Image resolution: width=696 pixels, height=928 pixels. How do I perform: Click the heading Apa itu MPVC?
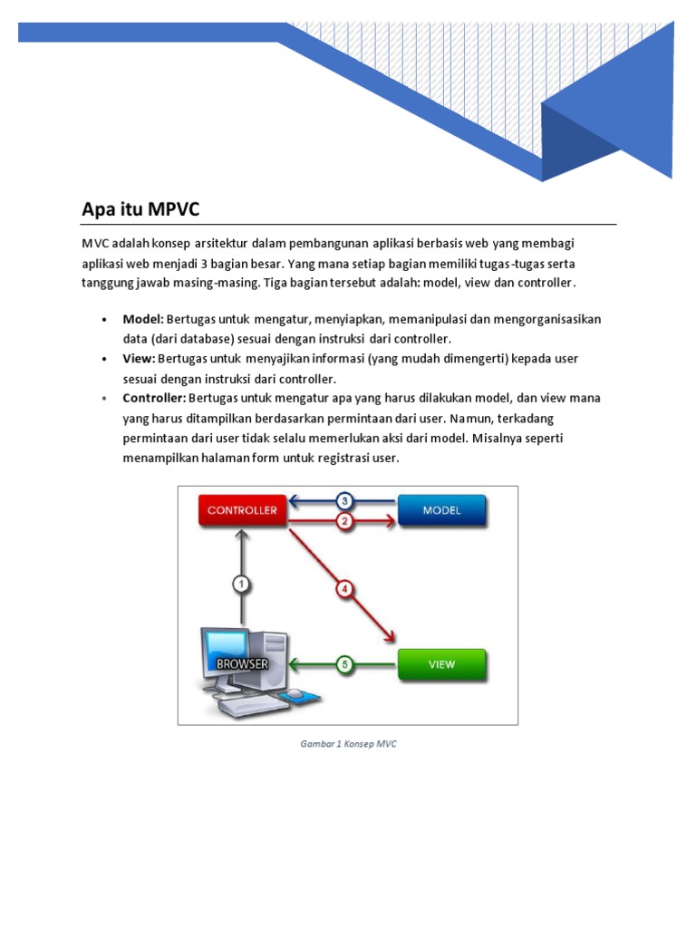(140, 209)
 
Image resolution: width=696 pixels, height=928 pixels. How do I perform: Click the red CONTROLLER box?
(242, 510)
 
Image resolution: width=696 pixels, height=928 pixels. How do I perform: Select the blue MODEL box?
(441, 510)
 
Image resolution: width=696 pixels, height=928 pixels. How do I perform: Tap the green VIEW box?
(441, 664)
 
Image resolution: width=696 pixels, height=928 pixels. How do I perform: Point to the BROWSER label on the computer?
(242, 663)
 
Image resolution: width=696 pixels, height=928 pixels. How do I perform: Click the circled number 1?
(241, 584)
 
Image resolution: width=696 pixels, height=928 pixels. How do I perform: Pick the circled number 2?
(344, 521)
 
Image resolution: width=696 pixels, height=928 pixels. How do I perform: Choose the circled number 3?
(344, 500)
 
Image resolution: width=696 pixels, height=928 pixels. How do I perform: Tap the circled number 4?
(344, 588)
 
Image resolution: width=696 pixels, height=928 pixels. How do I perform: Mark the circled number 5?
(344, 664)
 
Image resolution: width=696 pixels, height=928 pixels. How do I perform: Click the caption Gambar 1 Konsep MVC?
(348, 744)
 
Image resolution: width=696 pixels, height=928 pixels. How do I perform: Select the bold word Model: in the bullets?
(143, 319)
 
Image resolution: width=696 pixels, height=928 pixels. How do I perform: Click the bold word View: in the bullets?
(140, 359)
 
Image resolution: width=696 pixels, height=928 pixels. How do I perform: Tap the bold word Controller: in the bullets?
(154, 399)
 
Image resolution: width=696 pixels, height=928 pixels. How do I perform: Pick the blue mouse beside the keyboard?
(295, 695)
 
